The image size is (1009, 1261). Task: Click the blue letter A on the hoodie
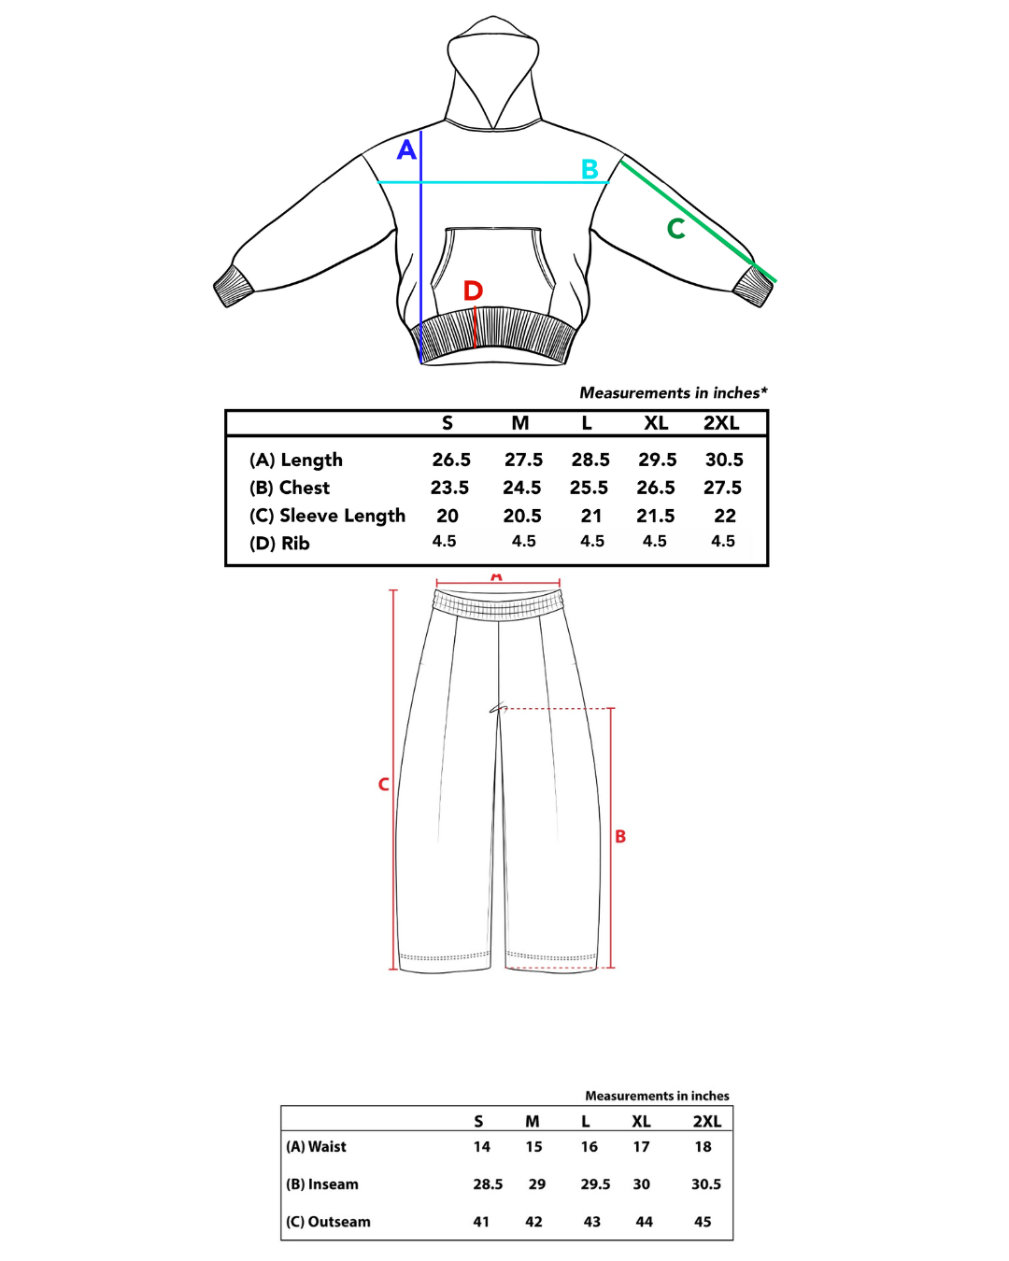[x=406, y=149]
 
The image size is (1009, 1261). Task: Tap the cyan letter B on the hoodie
[x=590, y=169]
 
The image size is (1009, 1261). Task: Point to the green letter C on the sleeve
[x=676, y=228]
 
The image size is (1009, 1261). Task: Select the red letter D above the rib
[x=474, y=290]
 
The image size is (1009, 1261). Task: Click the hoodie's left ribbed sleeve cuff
[x=234, y=286]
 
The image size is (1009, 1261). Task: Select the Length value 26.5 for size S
[x=451, y=460]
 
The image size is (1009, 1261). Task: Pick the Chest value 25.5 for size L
[x=589, y=488]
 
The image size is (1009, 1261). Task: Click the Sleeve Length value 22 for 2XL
[x=725, y=516]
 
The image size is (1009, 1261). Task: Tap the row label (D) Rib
[x=279, y=544]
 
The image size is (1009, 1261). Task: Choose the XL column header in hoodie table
[x=656, y=423]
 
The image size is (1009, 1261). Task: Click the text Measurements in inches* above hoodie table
[x=673, y=393]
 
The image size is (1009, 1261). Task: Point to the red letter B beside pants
[x=620, y=836]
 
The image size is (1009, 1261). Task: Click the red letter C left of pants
[x=383, y=784]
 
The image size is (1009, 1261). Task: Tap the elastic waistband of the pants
[x=498, y=605]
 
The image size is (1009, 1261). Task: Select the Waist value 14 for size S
[x=482, y=1147]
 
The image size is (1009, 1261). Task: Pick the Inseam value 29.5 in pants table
[x=595, y=1184]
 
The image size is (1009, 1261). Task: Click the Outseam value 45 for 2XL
[x=703, y=1222]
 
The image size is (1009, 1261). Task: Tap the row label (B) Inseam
[x=322, y=1184]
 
